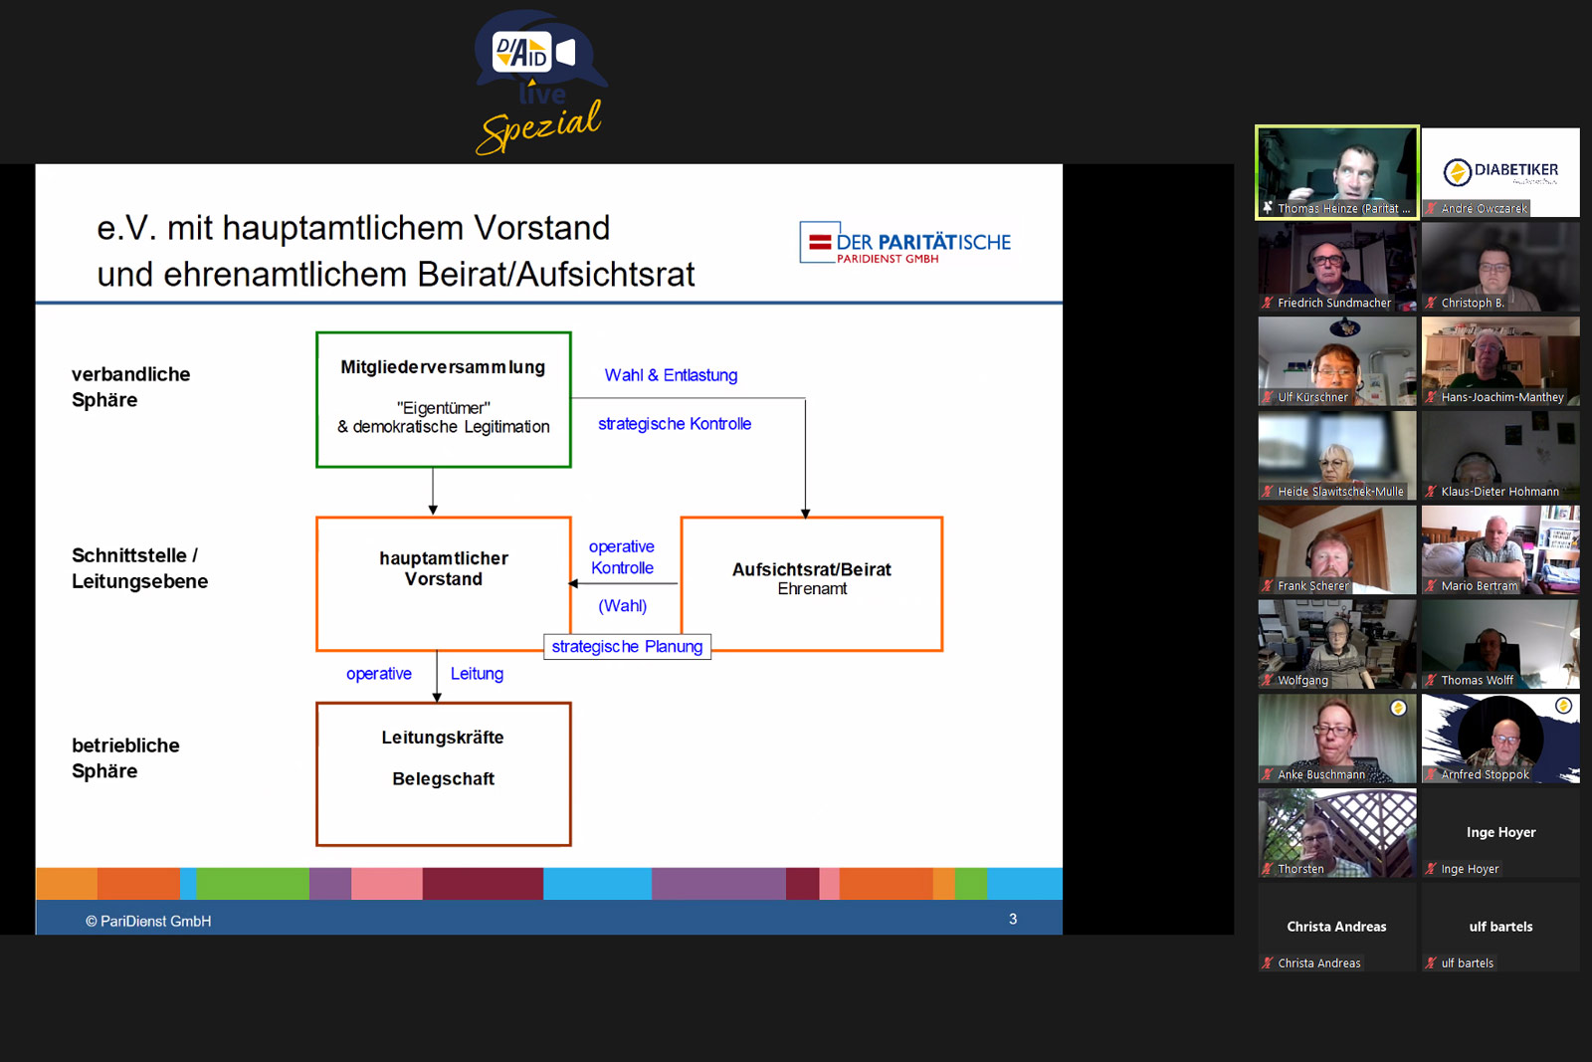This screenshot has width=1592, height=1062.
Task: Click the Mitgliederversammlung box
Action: pyautogui.click(x=443, y=399)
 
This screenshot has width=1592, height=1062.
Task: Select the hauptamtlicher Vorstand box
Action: pyautogui.click(x=443, y=582)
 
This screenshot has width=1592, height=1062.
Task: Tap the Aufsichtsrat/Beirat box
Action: pyautogui.click(x=811, y=582)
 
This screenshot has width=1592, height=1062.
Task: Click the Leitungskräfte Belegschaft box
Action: pyautogui.click(x=443, y=773)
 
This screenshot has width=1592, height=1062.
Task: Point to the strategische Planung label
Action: pyautogui.click(x=627, y=647)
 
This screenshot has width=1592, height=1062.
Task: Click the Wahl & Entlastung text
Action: pyautogui.click(x=671, y=375)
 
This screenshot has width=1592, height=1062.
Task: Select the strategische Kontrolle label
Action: pyautogui.click(x=675, y=424)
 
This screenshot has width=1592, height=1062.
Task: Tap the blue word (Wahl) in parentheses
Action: pyautogui.click(x=622, y=605)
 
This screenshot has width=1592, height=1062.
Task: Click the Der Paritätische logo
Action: pyautogui.click(x=905, y=243)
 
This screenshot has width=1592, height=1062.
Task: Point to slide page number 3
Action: pyautogui.click(x=1013, y=919)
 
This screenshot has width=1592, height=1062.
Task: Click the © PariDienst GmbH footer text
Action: pyautogui.click(x=148, y=921)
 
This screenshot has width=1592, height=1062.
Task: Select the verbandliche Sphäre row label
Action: pyautogui.click(x=130, y=387)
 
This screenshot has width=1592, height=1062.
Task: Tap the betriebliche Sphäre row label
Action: pyautogui.click(x=125, y=758)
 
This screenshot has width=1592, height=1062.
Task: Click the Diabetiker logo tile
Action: pyautogui.click(x=1500, y=171)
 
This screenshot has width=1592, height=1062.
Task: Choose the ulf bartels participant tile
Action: pyautogui.click(x=1500, y=928)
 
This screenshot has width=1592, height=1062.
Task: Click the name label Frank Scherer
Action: pyautogui.click(x=1312, y=586)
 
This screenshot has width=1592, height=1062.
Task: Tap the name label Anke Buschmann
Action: pyautogui.click(x=1320, y=774)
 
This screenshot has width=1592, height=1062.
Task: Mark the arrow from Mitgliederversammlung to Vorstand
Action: pyautogui.click(x=433, y=491)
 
